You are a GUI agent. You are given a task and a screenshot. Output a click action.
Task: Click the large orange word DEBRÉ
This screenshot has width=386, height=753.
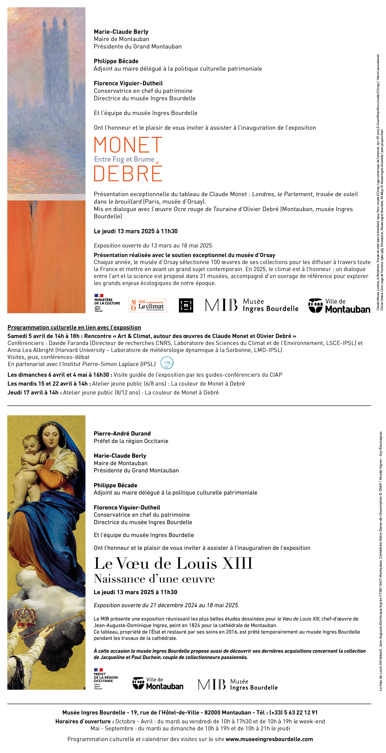pos(128,173)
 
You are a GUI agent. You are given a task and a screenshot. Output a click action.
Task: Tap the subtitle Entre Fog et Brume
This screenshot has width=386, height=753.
pos(124,159)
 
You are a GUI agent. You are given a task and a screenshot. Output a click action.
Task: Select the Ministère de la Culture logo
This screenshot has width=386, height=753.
pos(107,303)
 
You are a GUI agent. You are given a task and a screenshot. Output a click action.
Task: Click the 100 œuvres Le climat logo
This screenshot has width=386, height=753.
pos(148,305)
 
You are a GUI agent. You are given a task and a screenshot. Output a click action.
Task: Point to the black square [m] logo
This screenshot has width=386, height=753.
pos(186,305)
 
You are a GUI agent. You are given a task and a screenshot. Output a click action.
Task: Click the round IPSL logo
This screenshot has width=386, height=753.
pos(167,363)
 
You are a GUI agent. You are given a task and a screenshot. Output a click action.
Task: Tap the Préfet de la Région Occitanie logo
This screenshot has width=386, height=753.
pos(105,679)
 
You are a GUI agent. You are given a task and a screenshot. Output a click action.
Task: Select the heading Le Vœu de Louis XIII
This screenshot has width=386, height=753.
pos(173,563)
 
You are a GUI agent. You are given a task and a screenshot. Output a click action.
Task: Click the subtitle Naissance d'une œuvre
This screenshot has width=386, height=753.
pos(154,579)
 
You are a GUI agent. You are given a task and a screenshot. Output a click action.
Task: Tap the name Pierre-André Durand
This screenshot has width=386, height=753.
pos(122,433)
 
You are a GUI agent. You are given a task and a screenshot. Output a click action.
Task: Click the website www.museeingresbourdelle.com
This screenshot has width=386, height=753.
pos(269,739)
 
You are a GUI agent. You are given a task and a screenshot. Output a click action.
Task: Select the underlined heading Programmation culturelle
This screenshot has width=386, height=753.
pos(74,327)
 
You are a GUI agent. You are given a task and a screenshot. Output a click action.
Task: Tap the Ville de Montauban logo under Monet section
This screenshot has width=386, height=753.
pos(339,305)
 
